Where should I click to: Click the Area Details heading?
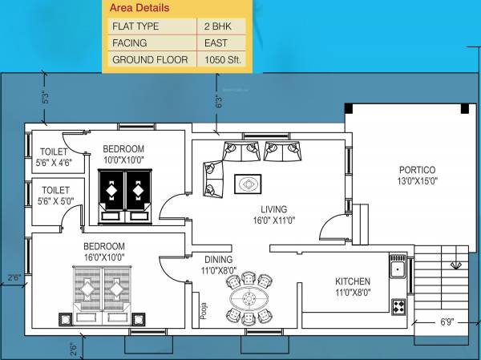pos(141,9)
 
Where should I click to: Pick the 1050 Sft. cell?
pos(225,60)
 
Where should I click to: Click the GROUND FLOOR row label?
pos(149,60)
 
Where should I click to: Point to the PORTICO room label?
pos(417,170)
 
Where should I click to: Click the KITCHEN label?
pos(353,281)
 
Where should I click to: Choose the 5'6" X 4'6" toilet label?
pos(55,162)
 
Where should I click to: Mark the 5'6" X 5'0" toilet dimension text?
pos(55,202)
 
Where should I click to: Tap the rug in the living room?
pos(248,185)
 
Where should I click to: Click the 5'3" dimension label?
pos(46,98)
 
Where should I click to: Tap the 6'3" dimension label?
pos(216,102)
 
